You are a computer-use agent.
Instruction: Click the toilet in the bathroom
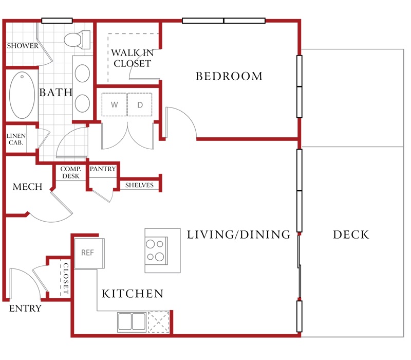point(78,40)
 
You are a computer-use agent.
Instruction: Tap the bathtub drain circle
point(22,77)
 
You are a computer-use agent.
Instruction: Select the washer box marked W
point(114,104)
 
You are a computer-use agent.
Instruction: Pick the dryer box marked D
point(140,104)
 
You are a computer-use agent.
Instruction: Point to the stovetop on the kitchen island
point(157,250)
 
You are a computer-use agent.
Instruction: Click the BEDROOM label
point(229,76)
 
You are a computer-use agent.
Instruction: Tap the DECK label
point(351,235)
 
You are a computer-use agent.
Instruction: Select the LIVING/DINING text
point(238,235)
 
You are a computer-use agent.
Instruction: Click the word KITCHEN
point(133,294)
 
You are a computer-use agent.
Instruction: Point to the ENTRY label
point(25,308)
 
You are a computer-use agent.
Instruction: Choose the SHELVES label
point(139,185)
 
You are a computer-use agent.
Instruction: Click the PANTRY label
point(103,169)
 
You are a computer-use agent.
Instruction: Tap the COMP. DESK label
point(71,172)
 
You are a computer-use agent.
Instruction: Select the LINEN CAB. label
point(16,139)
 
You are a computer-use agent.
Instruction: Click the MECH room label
point(28,187)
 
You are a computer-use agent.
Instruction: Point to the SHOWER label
point(23,46)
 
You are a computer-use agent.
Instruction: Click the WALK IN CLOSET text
point(133,58)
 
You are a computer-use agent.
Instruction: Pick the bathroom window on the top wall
point(57,21)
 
